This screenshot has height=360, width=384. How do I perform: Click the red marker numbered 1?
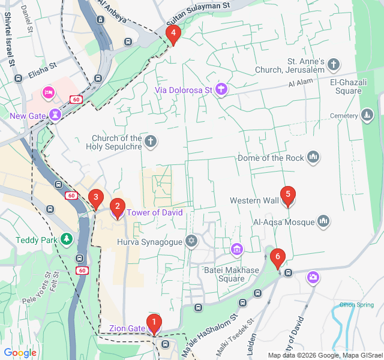(154, 324)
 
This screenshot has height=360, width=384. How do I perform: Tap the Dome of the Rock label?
(271, 158)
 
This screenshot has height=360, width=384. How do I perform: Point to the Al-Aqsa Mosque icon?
(323, 222)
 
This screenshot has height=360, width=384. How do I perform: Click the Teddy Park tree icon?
(66, 240)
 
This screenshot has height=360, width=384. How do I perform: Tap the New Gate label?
(28, 115)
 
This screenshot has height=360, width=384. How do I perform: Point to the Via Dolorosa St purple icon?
(221, 90)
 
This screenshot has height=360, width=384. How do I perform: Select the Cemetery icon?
(367, 115)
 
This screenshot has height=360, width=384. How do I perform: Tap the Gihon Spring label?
(357, 305)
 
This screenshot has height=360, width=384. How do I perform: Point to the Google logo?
(20, 353)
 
